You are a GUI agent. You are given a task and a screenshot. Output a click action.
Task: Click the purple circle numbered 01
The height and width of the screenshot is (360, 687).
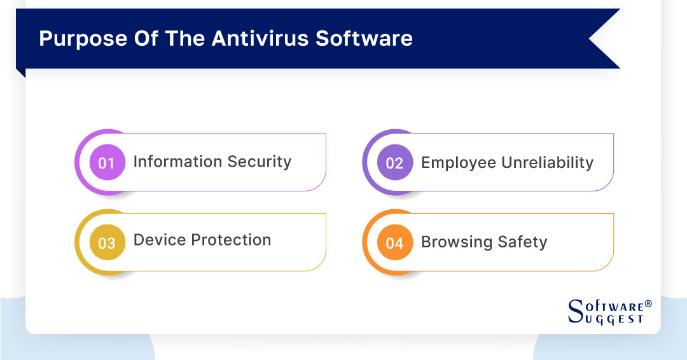click(108, 162)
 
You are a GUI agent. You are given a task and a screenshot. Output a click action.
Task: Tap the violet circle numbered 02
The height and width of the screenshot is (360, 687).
click(395, 162)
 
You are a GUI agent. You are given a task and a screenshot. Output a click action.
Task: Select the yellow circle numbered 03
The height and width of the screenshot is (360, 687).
click(108, 242)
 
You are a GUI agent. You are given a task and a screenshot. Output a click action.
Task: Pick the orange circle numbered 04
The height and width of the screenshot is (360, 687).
click(395, 242)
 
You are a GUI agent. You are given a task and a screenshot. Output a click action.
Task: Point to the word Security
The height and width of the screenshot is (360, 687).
click(260, 162)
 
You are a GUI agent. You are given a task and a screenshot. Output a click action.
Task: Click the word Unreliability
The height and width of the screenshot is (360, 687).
click(548, 163)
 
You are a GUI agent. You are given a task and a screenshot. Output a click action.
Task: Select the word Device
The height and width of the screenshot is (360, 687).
click(160, 240)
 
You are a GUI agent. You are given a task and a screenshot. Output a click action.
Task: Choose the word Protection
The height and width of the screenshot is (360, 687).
click(232, 240)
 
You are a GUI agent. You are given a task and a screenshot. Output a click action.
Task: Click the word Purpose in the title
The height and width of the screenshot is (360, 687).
click(83, 39)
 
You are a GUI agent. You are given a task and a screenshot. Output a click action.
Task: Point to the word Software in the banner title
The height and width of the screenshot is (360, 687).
click(364, 38)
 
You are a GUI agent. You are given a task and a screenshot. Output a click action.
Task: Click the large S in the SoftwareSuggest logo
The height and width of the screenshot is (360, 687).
click(575, 311)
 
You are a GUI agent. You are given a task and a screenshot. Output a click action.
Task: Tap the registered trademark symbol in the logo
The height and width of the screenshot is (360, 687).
click(648, 304)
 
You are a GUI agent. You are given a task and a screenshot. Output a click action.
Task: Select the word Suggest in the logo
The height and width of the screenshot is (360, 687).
click(614, 319)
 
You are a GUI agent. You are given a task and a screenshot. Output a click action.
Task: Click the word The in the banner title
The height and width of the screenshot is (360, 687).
click(184, 38)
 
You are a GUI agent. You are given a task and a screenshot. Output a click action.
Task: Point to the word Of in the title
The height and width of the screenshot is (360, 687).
click(146, 38)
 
